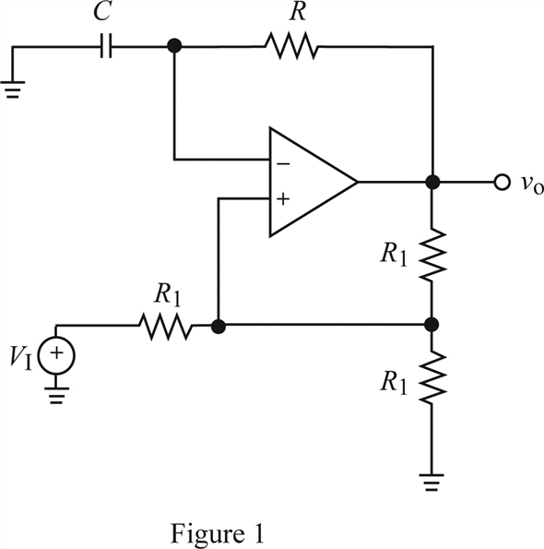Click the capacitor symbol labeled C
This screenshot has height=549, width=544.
point(106,46)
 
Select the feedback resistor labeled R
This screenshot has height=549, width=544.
point(291,46)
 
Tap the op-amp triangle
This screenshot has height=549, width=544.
point(313,182)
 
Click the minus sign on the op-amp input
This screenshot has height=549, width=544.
point(283,164)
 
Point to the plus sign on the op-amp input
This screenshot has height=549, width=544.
point(283,199)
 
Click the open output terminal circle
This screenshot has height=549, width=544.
point(502,182)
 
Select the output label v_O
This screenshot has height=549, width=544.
point(532,183)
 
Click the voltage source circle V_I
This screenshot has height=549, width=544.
point(56,356)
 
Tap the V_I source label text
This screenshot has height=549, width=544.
point(21,359)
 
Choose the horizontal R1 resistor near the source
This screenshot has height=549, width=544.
point(166,326)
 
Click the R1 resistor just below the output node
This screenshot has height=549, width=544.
point(432,255)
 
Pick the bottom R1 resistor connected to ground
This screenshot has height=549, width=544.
point(432,377)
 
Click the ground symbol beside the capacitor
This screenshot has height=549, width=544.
point(13,89)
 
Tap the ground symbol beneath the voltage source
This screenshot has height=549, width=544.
point(56,396)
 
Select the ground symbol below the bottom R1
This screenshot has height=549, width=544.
point(432,483)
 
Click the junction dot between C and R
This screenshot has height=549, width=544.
point(174,46)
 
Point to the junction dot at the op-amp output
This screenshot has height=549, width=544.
point(432,182)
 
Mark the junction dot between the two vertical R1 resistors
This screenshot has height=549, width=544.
point(432,325)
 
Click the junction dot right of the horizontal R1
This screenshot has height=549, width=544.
point(219,327)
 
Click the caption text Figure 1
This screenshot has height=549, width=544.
point(217,534)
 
